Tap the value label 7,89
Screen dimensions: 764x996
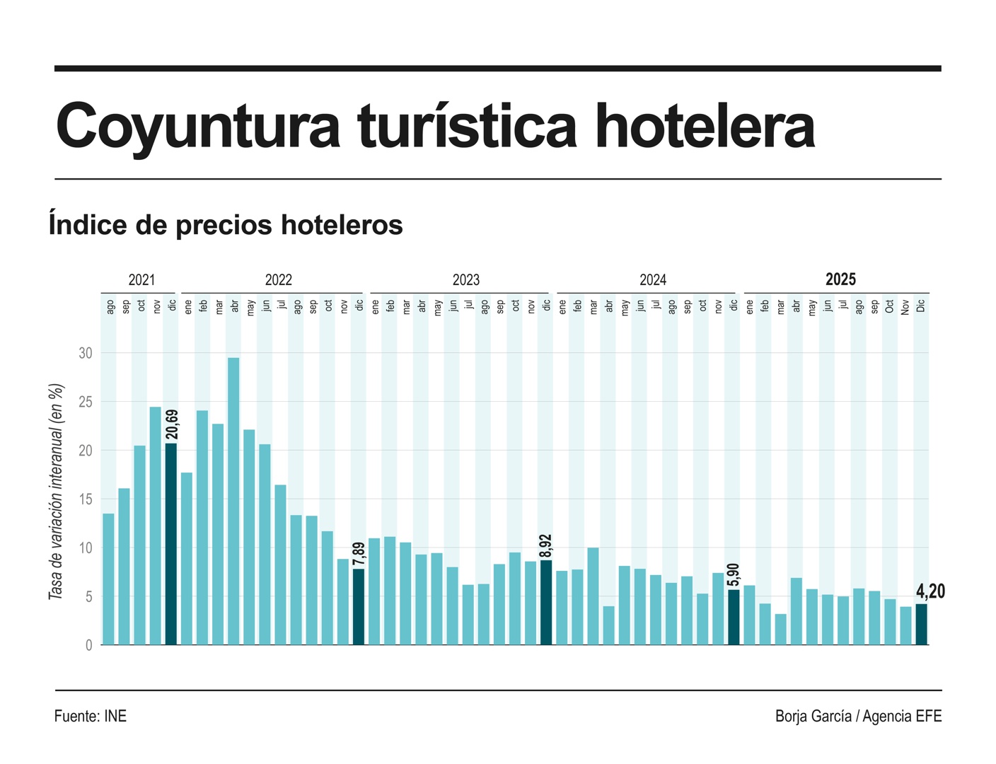coord(359,554)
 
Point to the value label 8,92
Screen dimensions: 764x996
coord(545,545)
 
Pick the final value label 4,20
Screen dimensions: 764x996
coord(930,591)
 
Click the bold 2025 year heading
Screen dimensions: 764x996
coord(840,279)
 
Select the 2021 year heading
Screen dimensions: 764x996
coord(141,280)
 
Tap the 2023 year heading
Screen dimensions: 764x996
coord(465,280)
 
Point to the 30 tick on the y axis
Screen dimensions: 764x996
coord(86,353)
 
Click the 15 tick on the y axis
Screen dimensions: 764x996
coord(86,499)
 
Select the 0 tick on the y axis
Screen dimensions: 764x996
coord(88,645)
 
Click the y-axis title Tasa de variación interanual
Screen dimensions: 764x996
coord(56,492)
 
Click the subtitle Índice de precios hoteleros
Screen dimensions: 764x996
coord(226,225)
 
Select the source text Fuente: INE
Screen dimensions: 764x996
coord(91,716)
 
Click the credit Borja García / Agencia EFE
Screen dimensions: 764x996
coord(858,716)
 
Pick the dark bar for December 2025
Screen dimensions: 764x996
coord(921,624)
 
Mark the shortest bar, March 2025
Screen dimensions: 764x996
coord(781,629)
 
